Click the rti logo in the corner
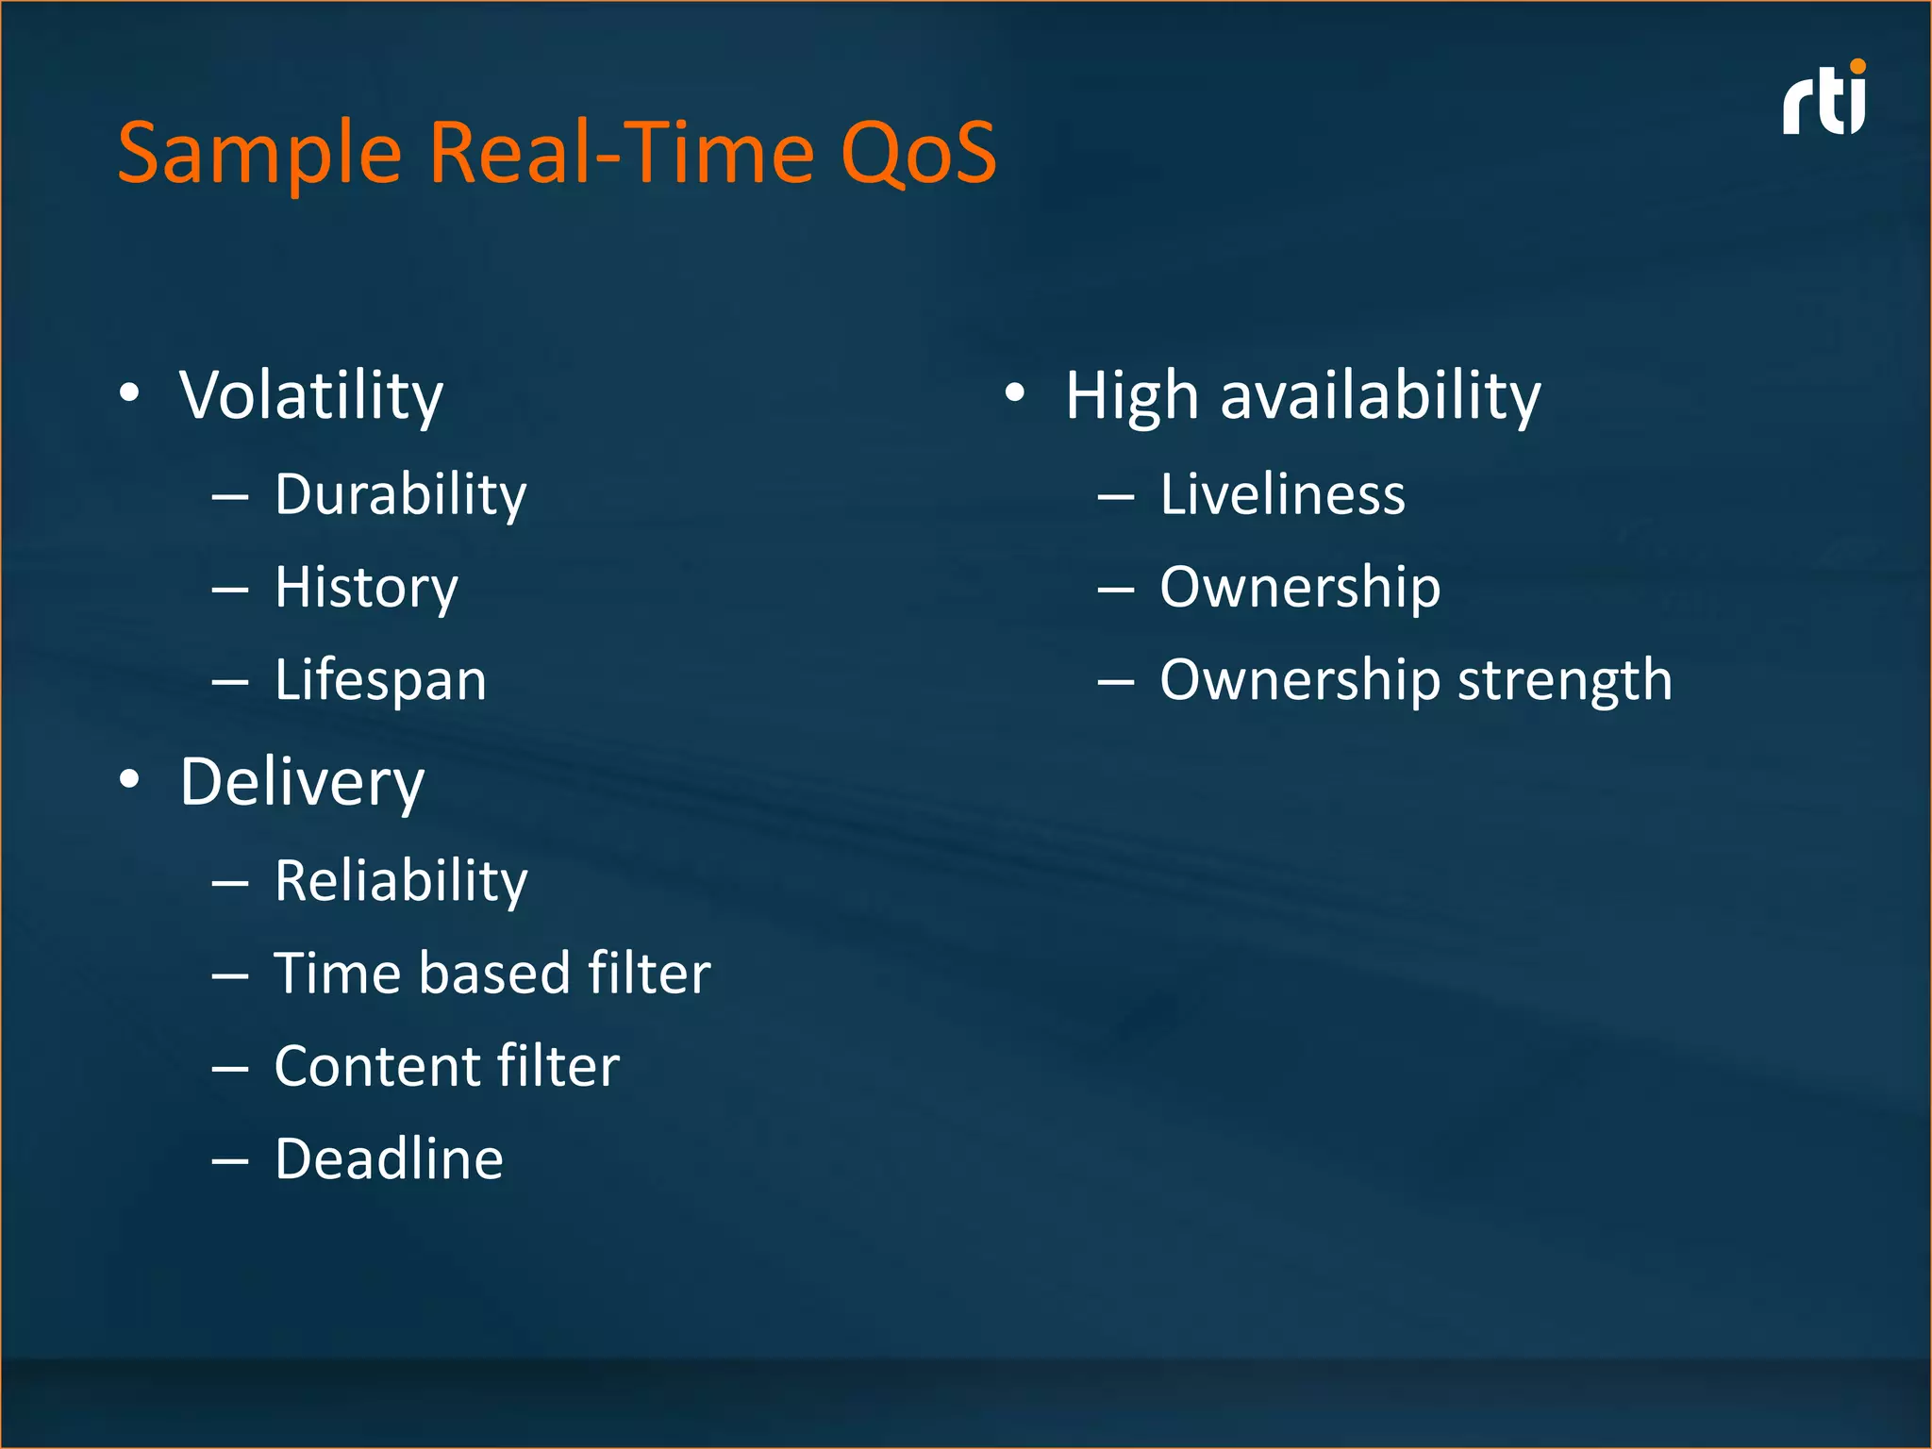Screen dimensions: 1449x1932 (1823, 102)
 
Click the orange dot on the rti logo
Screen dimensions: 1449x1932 (1858, 66)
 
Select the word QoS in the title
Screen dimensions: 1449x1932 (918, 153)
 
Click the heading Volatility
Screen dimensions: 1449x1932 (311, 396)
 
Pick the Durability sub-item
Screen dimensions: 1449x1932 (400, 495)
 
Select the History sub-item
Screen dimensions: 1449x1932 (366, 588)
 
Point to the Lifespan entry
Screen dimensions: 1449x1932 (380, 680)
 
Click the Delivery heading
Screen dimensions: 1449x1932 (302, 783)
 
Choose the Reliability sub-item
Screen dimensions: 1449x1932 (401, 882)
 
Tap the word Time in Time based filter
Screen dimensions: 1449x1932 (333, 974)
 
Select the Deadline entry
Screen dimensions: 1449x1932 (389, 1159)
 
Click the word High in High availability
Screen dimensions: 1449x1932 (1132, 396)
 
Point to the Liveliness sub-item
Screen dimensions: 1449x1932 (1282, 495)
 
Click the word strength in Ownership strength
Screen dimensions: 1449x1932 (1564, 680)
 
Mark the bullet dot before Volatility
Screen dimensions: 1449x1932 (130, 392)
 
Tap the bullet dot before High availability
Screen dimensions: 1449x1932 (1014, 392)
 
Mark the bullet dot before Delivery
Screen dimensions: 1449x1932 (130, 779)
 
